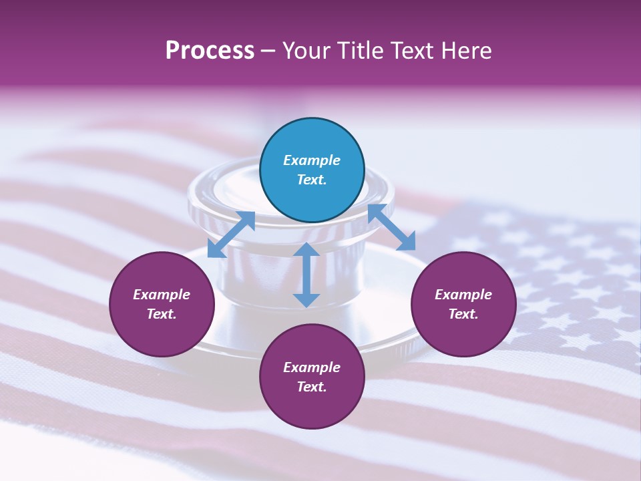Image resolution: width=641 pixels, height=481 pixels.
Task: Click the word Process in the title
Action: (210, 51)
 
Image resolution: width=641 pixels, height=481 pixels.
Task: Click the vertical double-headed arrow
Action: (306, 275)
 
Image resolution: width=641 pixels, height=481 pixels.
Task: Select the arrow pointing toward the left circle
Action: (231, 234)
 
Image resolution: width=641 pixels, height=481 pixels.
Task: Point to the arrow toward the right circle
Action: (391, 227)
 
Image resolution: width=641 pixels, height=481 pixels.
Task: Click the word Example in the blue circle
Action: (312, 160)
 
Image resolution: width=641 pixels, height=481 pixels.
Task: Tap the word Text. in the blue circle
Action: (312, 180)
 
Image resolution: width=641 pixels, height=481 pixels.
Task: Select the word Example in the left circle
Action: (162, 295)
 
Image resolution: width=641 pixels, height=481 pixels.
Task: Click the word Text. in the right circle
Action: (463, 314)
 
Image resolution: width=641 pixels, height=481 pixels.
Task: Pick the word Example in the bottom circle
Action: (312, 367)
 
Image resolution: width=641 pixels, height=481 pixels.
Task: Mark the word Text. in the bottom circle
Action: (312, 387)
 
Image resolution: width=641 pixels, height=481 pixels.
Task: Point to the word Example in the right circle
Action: (463, 295)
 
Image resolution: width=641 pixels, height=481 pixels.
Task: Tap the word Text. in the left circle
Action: (162, 314)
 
